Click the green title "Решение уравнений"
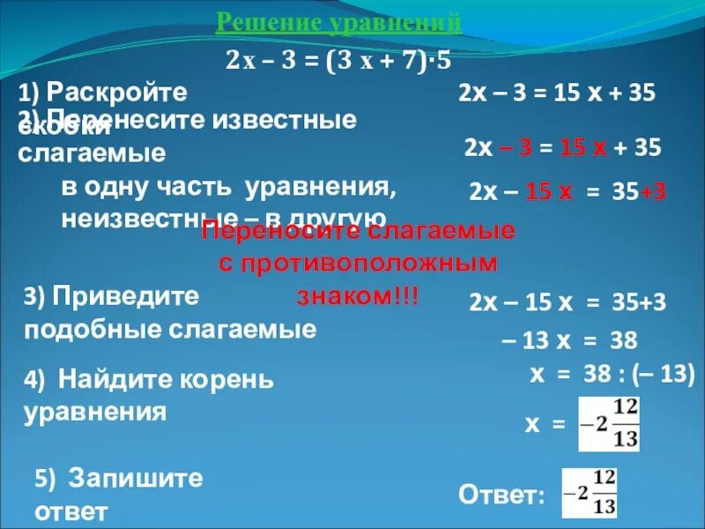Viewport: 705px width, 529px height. (339, 21)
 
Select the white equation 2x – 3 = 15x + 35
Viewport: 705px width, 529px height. (557, 93)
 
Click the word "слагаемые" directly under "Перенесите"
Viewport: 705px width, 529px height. (93, 153)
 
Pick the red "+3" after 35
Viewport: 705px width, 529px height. (653, 191)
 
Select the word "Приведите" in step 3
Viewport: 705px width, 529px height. (125, 296)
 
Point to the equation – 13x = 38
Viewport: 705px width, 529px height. (568, 340)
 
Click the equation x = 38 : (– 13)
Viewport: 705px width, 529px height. (612, 374)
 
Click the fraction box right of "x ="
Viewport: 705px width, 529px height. (608, 423)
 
